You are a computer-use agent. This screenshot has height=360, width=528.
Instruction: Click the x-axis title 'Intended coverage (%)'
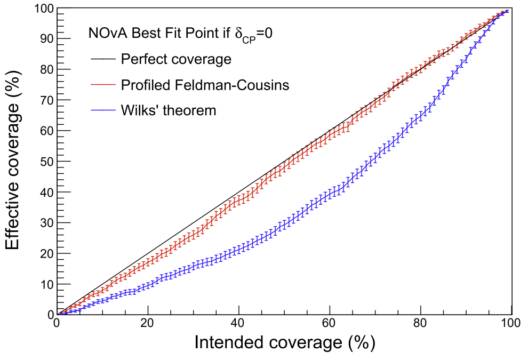284,342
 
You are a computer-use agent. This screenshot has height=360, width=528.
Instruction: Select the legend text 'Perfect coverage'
176,59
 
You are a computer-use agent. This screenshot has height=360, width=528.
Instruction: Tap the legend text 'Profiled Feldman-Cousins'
205,85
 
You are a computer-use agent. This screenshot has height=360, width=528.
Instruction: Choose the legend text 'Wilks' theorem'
169,110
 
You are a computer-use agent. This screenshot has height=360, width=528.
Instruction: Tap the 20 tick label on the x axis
148,324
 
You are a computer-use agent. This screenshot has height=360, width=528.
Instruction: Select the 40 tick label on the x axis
239,324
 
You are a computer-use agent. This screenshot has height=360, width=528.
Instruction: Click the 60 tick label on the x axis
330,324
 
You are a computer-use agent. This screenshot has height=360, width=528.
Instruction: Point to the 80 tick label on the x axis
421,324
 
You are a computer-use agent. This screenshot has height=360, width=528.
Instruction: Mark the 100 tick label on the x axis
511,324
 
